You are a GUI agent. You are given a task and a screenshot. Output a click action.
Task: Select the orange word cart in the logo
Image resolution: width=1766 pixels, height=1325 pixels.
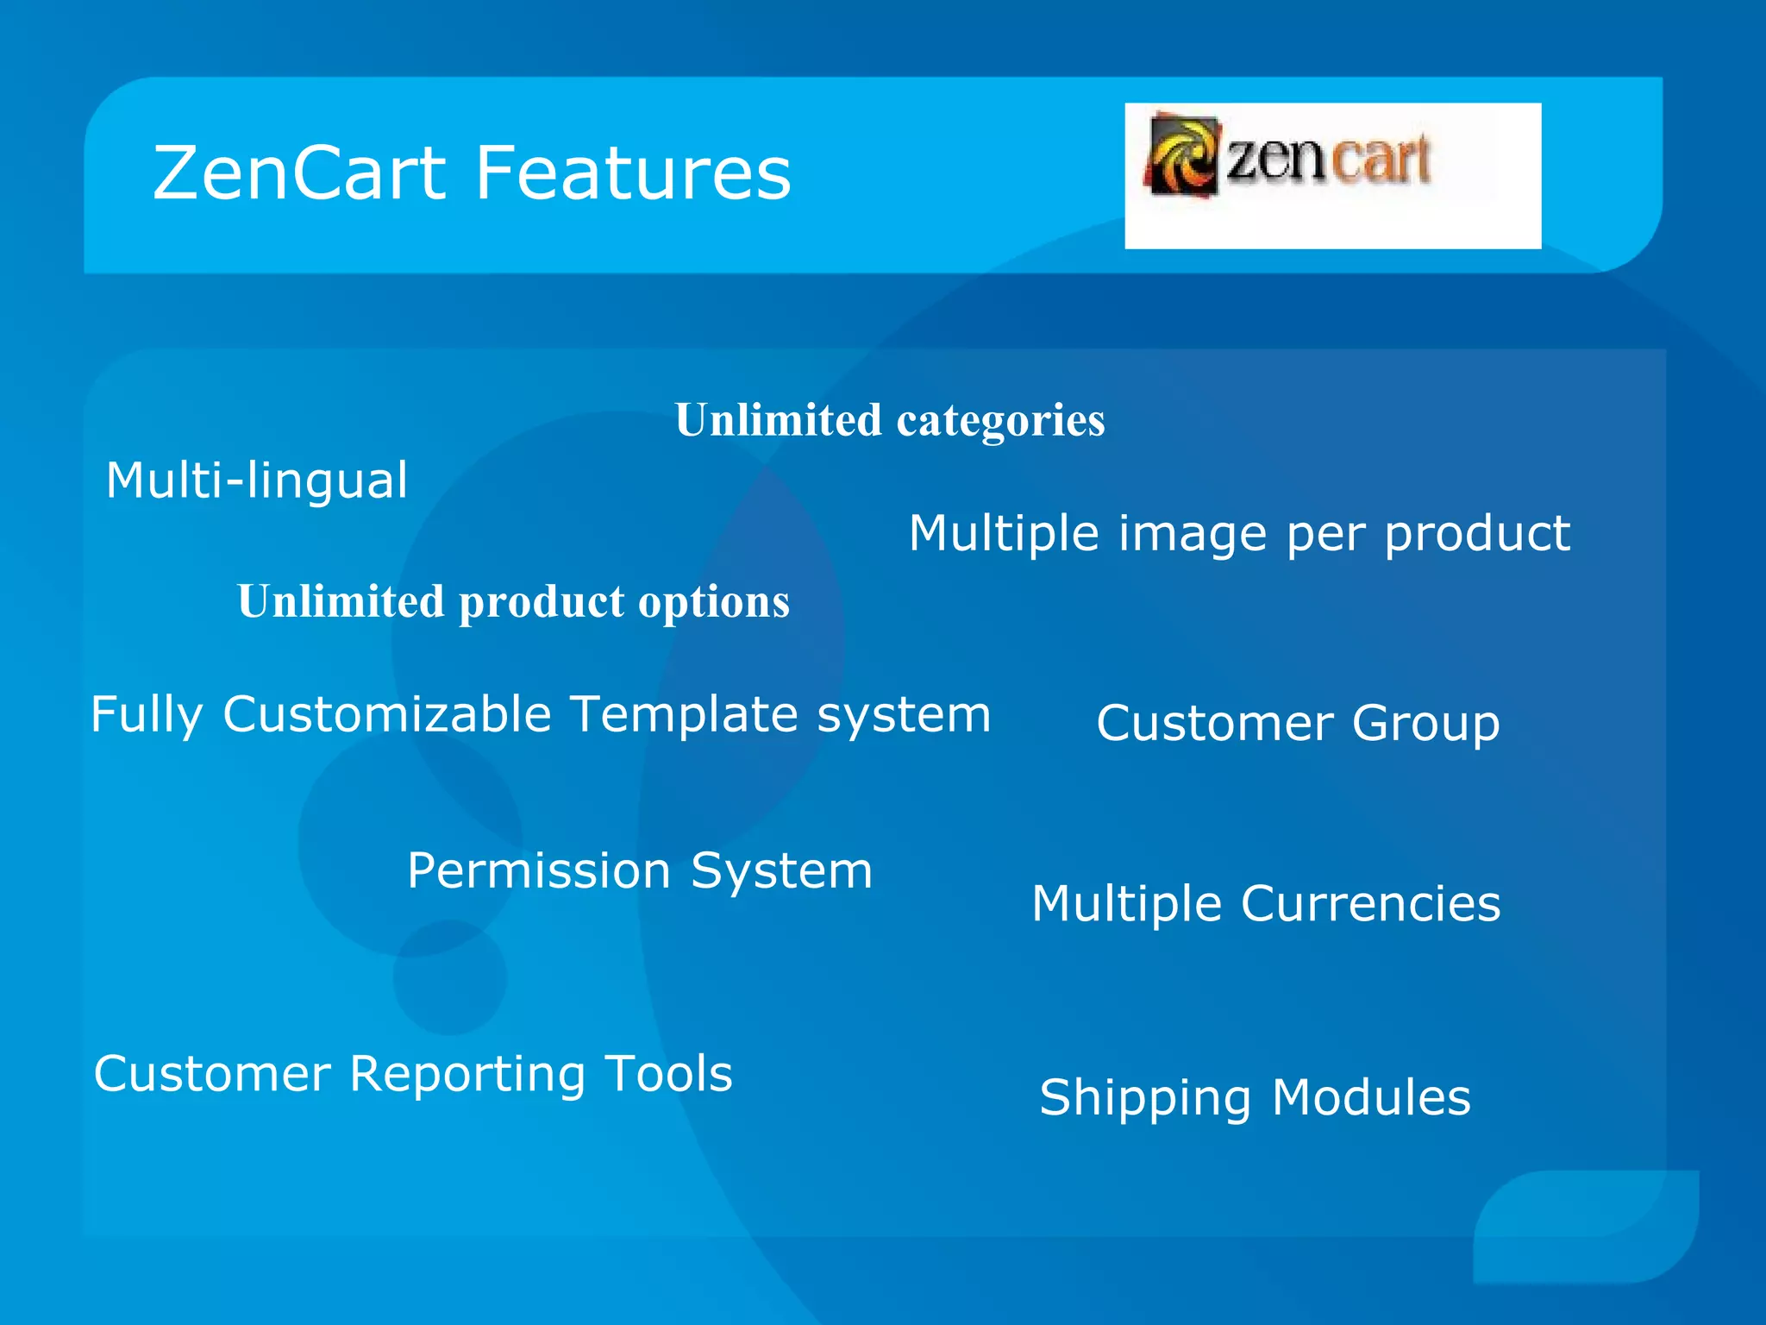(1379, 160)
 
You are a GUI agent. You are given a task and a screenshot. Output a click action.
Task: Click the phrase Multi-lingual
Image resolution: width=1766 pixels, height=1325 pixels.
(256, 480)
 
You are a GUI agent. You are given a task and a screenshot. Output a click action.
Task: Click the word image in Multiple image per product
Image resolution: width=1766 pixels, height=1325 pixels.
(1193, 533)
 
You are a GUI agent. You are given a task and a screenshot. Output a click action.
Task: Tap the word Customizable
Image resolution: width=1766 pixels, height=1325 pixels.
(386, 715)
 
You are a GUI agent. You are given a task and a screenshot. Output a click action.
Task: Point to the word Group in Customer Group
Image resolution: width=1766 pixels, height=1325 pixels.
(1425, 724)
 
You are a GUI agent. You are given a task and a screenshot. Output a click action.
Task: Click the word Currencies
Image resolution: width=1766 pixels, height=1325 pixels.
(1370, 904)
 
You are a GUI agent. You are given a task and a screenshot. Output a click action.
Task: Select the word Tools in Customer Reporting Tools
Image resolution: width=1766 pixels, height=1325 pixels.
(667, 1074)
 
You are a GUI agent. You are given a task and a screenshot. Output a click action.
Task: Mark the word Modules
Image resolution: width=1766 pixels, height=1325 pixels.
(1371, 1097)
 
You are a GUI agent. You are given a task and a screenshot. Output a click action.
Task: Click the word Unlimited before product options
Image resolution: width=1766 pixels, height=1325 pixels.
(340, 601)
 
